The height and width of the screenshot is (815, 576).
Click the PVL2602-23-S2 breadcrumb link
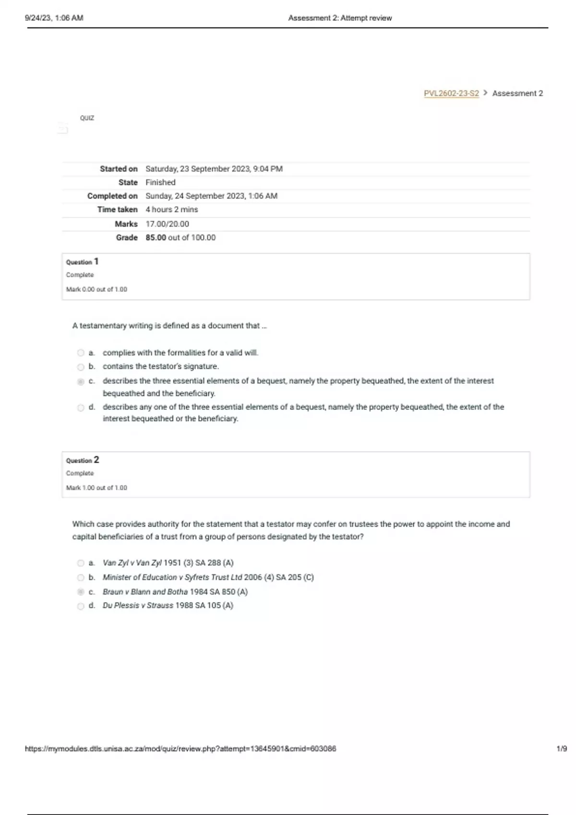(451, 93)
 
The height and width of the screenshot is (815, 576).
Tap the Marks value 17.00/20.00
(167, 224)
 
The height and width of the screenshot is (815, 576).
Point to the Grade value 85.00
(156, 238)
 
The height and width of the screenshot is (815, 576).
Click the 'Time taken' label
(117, 210)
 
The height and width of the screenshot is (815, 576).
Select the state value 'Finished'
(160, 183)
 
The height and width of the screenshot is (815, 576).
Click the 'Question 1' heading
(82, 262)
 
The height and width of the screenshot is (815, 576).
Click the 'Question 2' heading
(82, 460)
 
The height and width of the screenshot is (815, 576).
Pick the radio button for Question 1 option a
(81, 353)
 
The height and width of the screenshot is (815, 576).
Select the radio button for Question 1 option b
(81, 367)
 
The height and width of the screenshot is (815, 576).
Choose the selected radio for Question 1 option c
(81, 382)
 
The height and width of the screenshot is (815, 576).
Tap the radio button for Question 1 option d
(81, 408)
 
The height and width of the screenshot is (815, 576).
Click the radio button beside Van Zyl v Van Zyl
(81, 563)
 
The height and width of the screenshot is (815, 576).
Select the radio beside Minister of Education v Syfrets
(81, 578)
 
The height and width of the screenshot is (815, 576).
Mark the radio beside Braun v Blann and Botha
(81, 592)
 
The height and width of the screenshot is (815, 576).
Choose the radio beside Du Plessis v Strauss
(81, 606)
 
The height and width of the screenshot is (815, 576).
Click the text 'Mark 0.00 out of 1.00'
(96, 290)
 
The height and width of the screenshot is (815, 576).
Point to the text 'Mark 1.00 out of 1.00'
(96, 488)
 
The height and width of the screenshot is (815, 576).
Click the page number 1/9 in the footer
(562, 748)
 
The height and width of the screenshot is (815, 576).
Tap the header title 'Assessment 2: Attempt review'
(340, 18)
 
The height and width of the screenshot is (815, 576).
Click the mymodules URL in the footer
(180, 748)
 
